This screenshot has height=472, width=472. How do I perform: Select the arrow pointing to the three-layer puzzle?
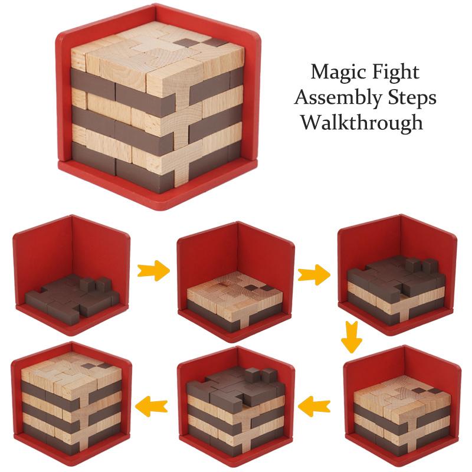314,274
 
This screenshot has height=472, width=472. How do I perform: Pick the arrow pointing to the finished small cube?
151,405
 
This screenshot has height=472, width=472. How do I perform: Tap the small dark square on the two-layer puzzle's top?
253,287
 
